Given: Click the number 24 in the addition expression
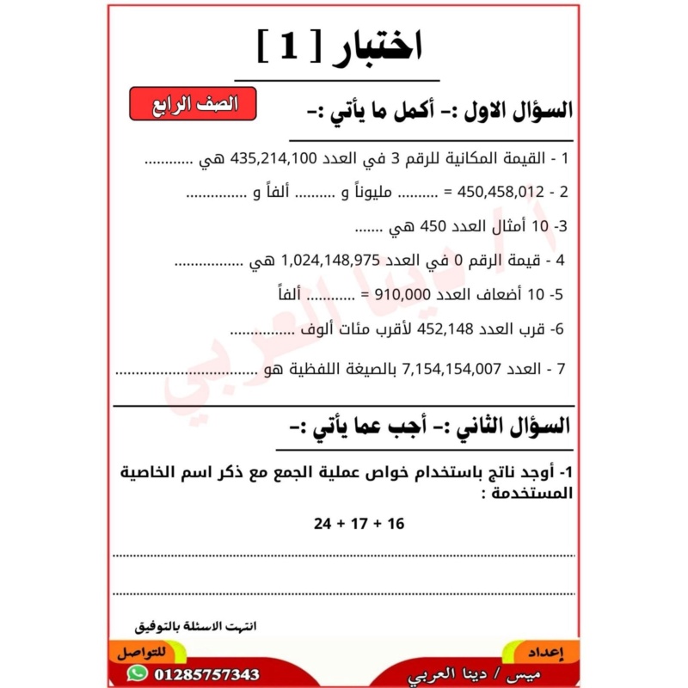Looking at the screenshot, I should pos(322,523).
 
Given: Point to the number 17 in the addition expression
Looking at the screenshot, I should pos(359,523).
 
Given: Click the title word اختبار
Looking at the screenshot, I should pos(379,47).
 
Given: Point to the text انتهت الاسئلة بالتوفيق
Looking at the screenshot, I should pos(197,626).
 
